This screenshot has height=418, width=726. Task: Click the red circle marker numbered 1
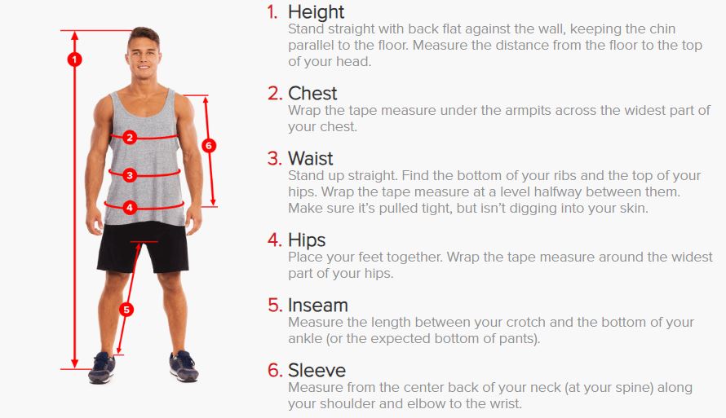tap(74, 59)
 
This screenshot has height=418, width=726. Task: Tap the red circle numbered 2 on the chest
tap(130, 138)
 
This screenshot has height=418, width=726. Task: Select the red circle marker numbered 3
tap(130, 175)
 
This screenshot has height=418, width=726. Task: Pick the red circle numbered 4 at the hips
tap(130, 208)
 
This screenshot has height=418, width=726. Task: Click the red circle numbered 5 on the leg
tap(126, 310)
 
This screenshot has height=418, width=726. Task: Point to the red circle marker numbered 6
tap(209, 146)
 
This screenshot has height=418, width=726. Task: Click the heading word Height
tap(317, 12)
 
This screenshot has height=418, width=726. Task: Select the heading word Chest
tap(312, 94)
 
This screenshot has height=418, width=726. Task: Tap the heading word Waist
tap(310, 159)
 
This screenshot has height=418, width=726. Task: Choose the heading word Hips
tap(307, 240)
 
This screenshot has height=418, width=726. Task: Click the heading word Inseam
tap(318, 306)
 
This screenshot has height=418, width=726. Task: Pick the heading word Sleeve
tap(317, 371)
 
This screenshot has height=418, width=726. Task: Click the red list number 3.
tap(275, 159)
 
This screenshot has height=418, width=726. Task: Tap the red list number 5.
tap(275, 306)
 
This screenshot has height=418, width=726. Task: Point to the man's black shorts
tap(144, 248)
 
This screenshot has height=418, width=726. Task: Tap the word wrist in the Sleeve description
tap(506, 403)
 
